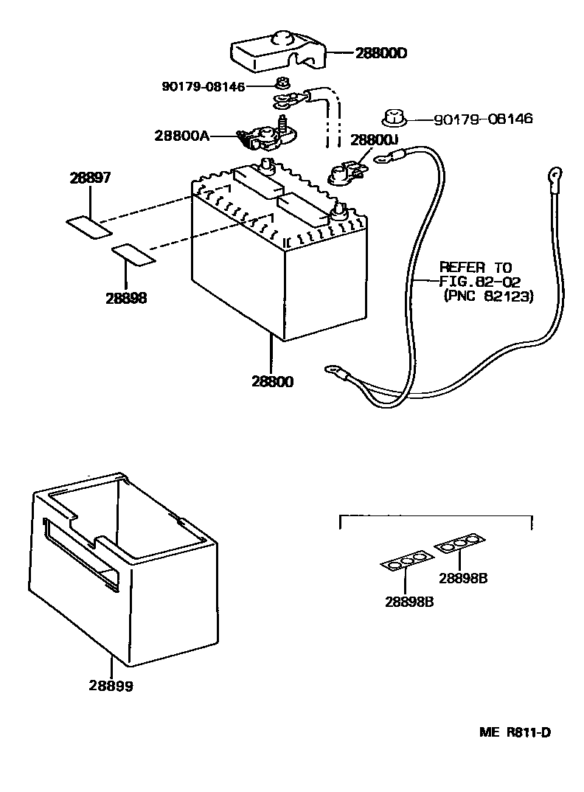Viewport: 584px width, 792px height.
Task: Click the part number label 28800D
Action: point(381,53)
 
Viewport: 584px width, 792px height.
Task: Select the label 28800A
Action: point(182,136)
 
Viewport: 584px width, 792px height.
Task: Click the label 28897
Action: point(91,178)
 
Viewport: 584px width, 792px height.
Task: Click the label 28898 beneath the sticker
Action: point(126,298)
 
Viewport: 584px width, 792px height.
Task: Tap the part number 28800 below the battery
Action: point(272,382)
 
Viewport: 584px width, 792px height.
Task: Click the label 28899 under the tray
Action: point(111,686)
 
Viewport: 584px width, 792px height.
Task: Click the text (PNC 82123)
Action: point(488,296)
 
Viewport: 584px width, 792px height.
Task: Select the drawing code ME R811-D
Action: point(515,732)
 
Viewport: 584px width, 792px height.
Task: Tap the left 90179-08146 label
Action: point(204,86)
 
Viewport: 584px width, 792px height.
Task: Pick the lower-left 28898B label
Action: point(409,600)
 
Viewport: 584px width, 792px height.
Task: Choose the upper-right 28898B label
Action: point(463,577)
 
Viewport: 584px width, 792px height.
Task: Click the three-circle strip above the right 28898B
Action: point(460,544)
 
